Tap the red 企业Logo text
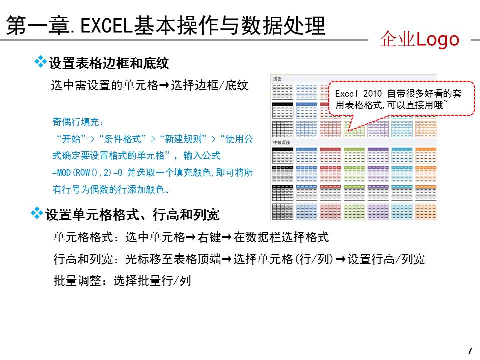[x=419, y=39]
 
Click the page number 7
[x=469, y=350]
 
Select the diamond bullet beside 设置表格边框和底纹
[x=40, y=62]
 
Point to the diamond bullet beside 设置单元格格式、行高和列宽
[x=37, y=213]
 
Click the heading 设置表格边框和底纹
[x=109, y=63]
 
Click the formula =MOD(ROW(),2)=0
[x=87, y=173]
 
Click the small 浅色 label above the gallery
[x=277, y=78]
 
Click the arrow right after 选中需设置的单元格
[x=164, y=85]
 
